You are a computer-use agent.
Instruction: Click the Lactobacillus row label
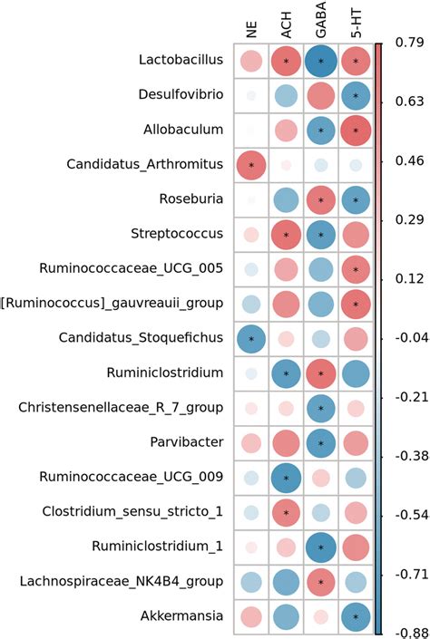(180, 61)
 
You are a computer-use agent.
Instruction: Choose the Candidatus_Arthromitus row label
(145, 165)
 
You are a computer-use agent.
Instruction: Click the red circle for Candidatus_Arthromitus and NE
(250, 165)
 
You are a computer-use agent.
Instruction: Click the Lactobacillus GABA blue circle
(321, 61)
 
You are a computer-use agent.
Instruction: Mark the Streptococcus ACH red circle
(286, 235)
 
